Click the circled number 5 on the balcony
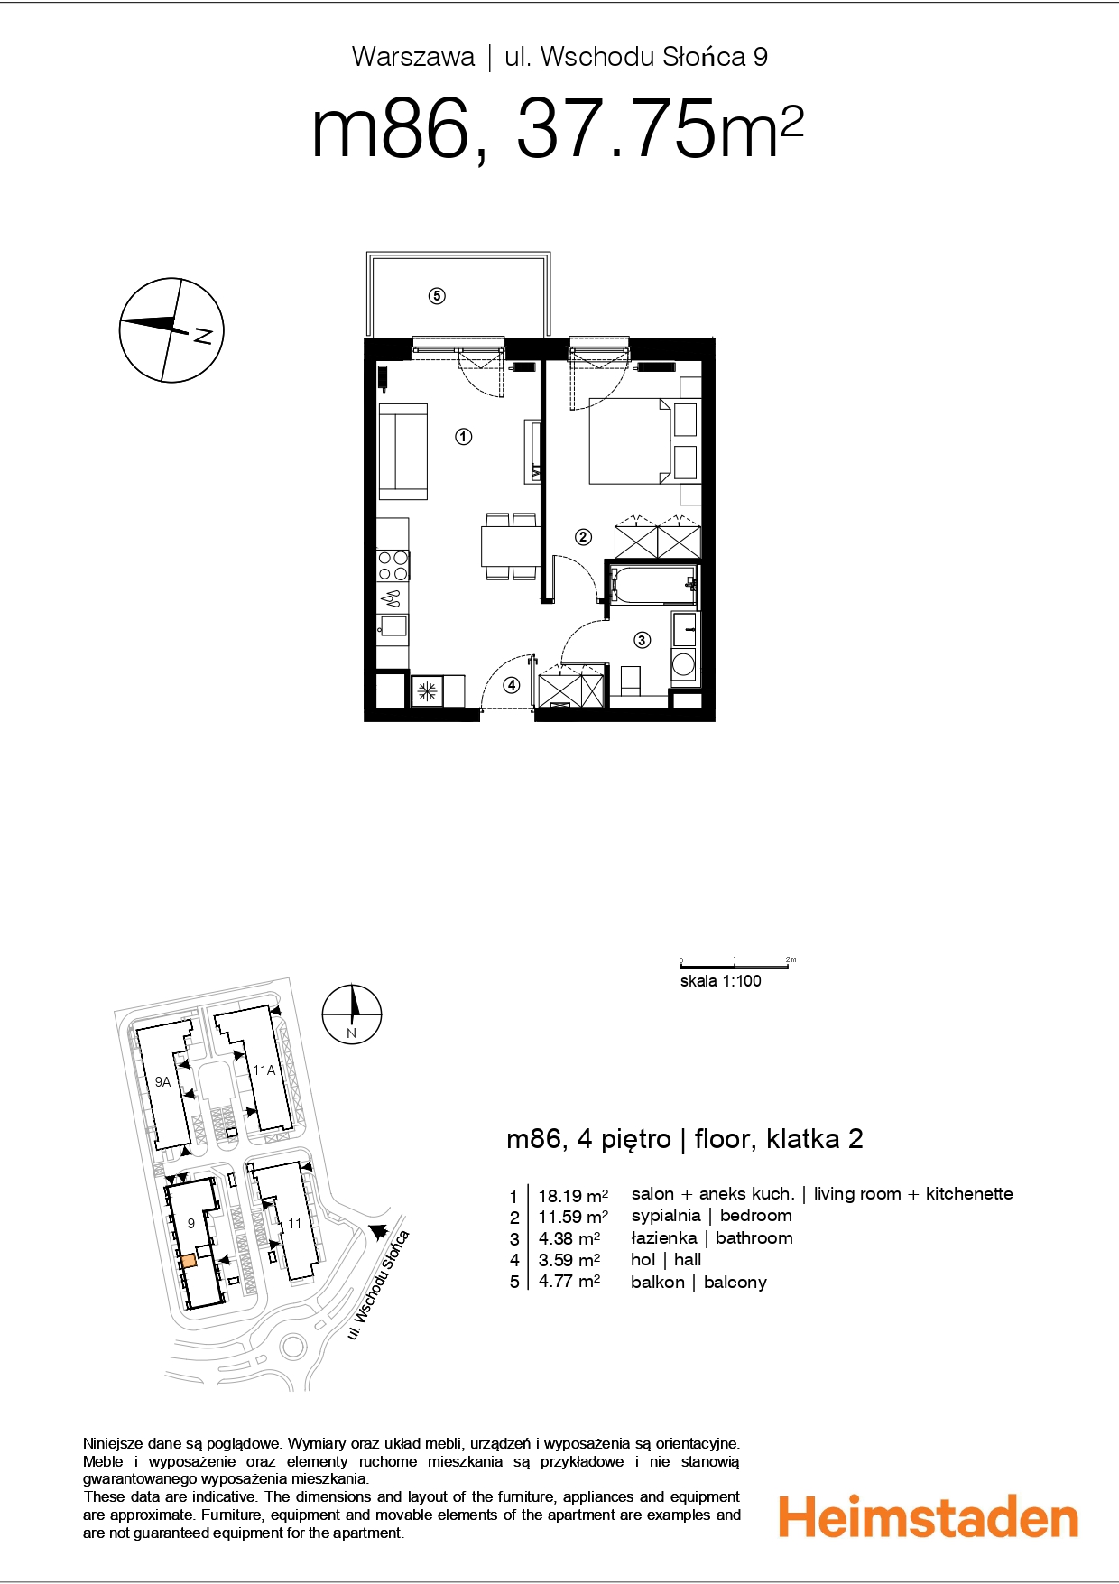437,295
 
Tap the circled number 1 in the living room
463,437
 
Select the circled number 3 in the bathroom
642,640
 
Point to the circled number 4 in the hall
512,685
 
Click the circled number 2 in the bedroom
583,537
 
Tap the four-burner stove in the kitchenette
393,565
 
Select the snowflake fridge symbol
427,691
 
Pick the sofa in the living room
402,451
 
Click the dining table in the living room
512,547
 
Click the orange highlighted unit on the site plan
189,1262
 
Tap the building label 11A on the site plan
264,1070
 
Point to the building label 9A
162,1081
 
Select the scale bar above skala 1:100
735,966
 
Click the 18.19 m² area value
573,1196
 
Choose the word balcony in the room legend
735,1283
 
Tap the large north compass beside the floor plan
171,329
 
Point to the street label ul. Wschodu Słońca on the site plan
379,1284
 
